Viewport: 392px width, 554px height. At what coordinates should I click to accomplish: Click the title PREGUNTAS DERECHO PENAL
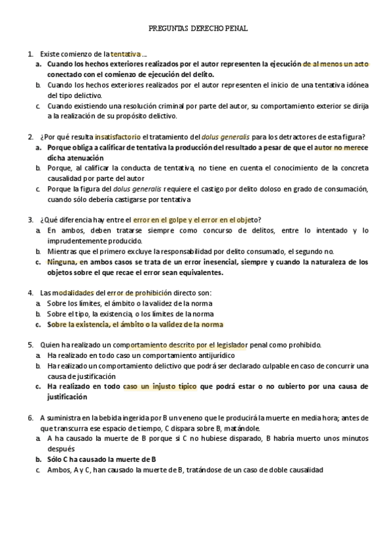[198, 29]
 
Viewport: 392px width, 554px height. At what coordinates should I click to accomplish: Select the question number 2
[30, 137]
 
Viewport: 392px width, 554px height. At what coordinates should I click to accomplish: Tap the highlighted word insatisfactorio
[118, 137]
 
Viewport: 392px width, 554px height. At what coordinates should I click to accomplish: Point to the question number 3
[30, 220]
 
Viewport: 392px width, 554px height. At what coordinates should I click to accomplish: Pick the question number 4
[30, 293]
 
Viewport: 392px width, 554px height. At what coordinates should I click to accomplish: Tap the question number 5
[30, 344]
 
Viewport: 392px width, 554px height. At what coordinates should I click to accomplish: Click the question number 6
[30, 417]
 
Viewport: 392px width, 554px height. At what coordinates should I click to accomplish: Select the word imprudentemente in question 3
[77, 240]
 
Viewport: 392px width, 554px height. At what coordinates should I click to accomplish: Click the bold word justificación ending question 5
[67, 397]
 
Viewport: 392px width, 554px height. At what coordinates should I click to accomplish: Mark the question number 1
[30, 54]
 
